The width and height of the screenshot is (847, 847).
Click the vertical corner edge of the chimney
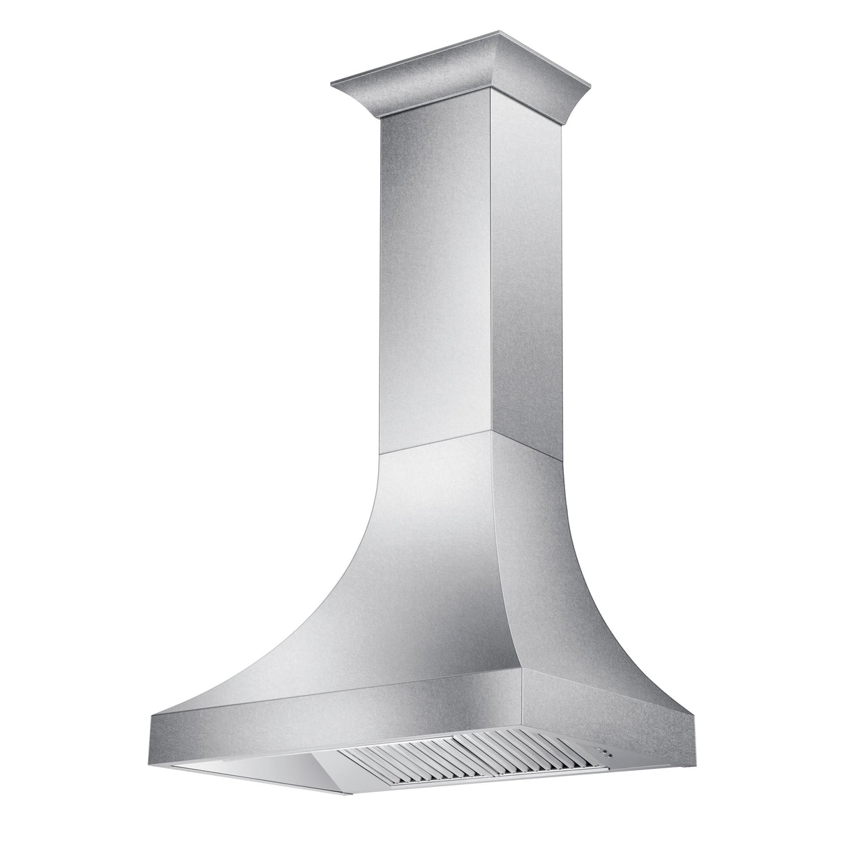click(x=491, y=279)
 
